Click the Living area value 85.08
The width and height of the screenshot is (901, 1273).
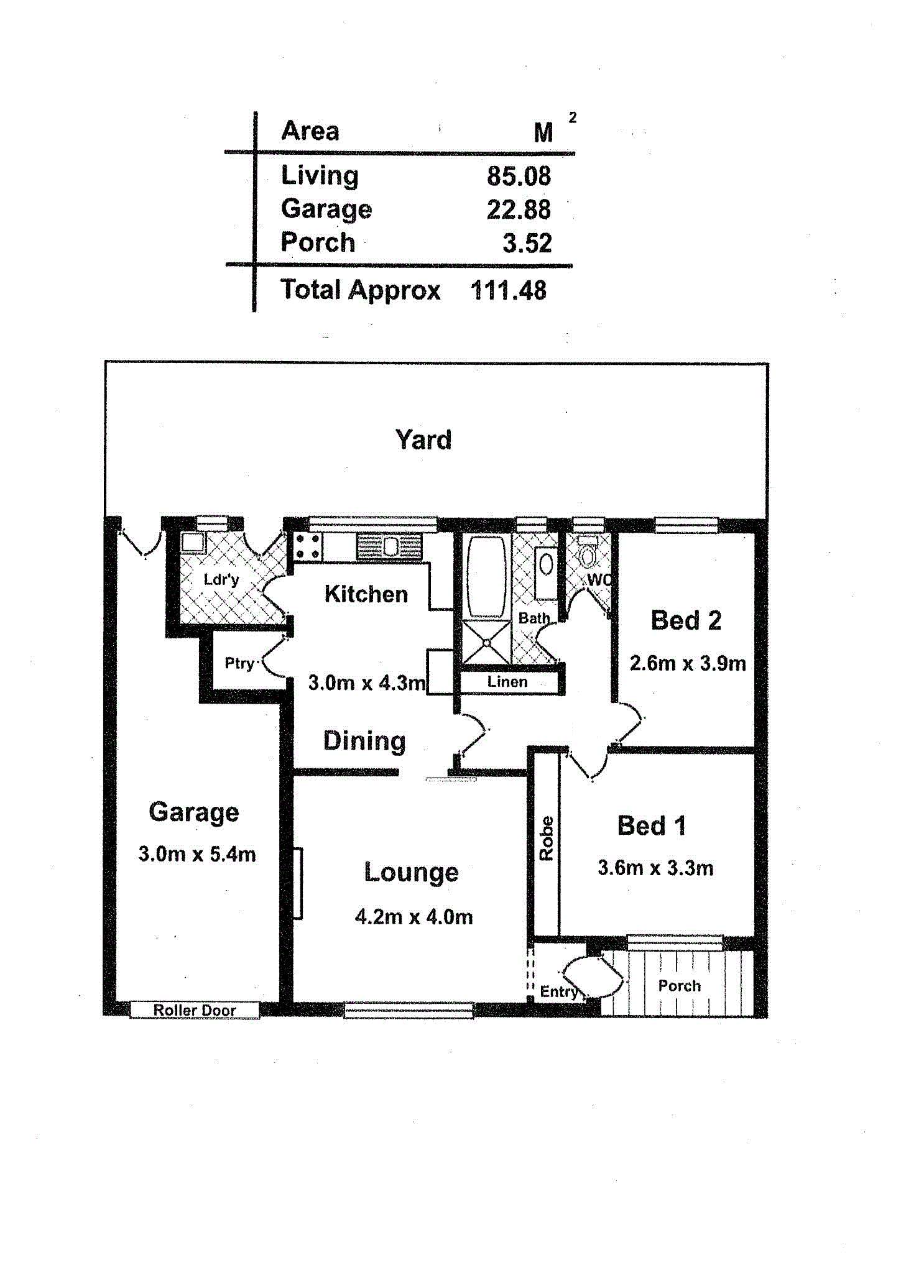point(519,177)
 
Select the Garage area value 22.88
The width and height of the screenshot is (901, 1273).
point(519,210)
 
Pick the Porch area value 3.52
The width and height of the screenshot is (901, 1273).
point(527,243)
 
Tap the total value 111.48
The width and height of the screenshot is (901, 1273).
point(508,290)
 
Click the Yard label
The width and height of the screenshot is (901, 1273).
point(423,440)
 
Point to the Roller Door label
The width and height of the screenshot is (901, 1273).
point(195,1010)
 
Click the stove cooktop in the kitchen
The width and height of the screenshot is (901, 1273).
point(308,546)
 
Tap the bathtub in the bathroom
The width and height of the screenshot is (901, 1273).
point(486,576)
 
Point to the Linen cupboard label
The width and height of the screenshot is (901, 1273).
point(507,682)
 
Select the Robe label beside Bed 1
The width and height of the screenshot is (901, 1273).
point(546,839)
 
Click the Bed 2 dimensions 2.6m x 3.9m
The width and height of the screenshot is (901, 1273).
point(688,663)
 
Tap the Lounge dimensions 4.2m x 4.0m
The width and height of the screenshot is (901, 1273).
point(414,917)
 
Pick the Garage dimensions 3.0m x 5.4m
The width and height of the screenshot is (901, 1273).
point(197,854)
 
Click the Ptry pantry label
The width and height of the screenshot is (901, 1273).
point(240,664)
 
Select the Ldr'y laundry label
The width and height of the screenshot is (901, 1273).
point(221,580)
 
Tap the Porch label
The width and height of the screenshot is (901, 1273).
point(679,986)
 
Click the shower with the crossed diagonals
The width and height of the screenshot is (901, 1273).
point(486,642)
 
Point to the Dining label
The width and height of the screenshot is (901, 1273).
point(364,742)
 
